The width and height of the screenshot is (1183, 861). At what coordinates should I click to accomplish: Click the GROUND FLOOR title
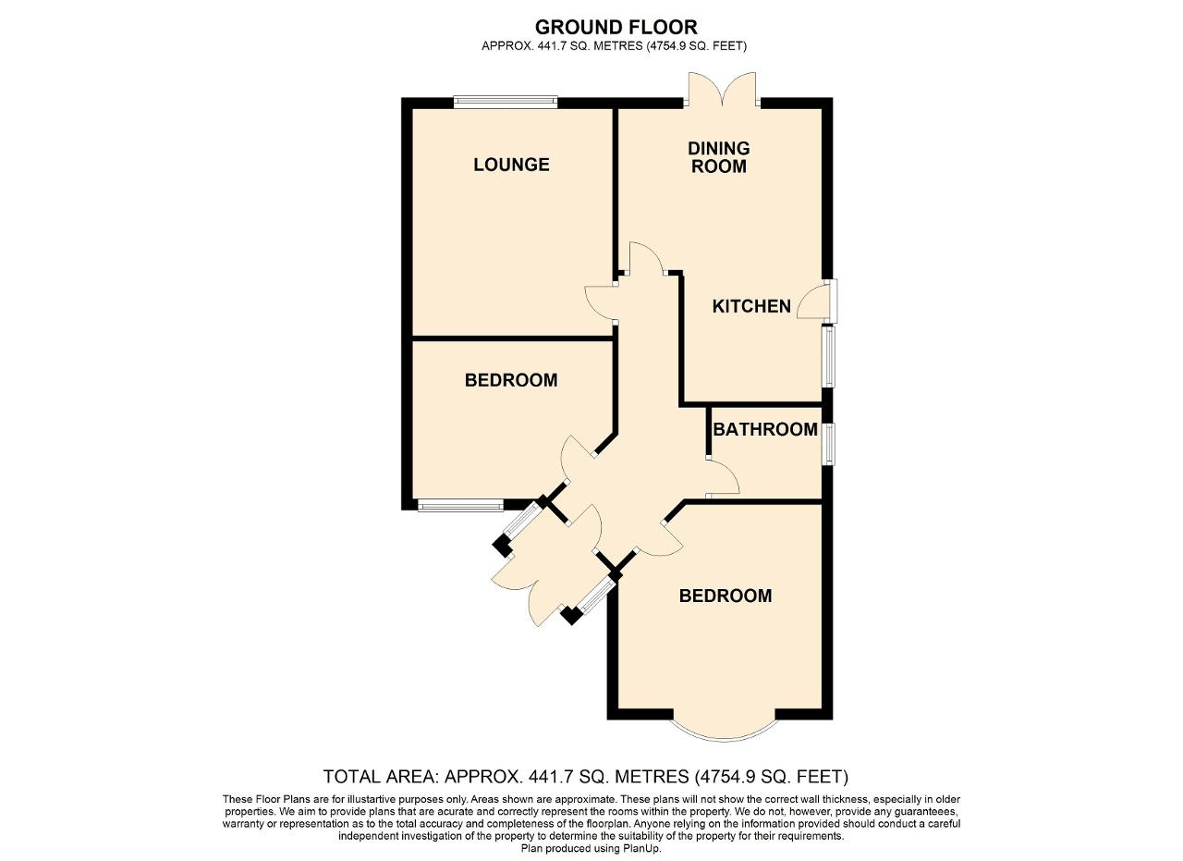pos(616,28)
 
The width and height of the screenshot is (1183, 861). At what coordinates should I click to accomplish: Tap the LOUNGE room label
pos(511,165)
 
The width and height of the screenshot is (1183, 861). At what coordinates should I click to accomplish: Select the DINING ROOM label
pos(718,157)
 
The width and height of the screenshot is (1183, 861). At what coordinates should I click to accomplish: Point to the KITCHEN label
pos(751,306)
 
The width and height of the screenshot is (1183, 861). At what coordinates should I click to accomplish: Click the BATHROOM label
pos(765,429)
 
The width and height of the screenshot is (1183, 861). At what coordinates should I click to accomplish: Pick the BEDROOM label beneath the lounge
pos(511,380)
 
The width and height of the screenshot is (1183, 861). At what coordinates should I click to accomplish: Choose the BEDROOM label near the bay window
pos(726,596)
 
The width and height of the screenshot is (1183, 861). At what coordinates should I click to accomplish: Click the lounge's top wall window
pos(505,102)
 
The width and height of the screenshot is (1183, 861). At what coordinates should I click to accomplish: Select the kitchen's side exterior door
pos(817,301)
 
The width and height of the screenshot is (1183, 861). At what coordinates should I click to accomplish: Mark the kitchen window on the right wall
pos(829,357)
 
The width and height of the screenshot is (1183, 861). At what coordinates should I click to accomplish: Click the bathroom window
pos(829,444)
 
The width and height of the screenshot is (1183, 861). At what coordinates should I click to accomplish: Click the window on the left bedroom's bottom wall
pos(460,505)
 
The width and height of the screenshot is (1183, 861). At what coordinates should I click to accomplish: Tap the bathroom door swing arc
pos(725,477)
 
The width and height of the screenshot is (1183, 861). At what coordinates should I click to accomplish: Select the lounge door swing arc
pos(599,301)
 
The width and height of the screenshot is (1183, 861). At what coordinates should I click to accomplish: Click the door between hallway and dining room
pos(646,259)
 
